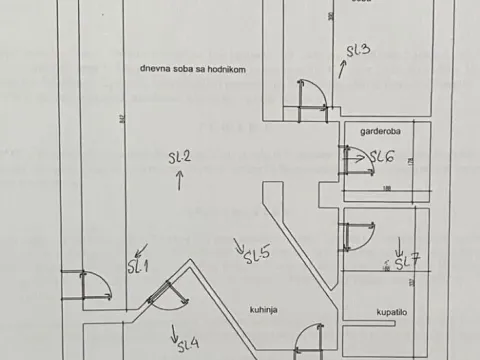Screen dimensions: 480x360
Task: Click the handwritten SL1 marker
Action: (x=137, y=266)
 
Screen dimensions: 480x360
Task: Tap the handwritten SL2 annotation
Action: (x=180, y=157)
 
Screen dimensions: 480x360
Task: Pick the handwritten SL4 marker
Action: (x=188, y=345)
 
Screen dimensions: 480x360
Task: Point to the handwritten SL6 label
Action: (x=382, y=157)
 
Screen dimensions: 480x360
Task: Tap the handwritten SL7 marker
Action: (x=406, y=263)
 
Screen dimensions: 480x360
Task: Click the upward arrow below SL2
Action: (x=180, y=180)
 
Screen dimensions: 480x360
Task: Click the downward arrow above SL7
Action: (x=399, y=244)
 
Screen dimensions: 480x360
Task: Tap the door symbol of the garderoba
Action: (x=353, y=160)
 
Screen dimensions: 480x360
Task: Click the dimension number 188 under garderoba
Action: (x=385, y=187)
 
